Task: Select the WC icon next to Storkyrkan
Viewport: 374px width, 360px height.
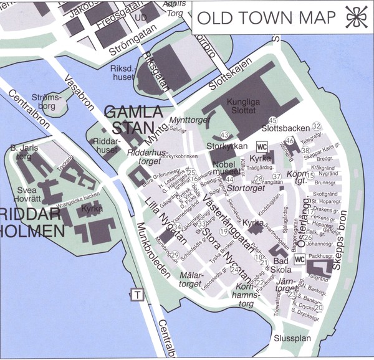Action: pos(262,146)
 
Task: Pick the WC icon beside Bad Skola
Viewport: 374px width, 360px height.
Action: pos(299,259)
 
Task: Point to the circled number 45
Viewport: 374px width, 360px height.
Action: pos(272,120)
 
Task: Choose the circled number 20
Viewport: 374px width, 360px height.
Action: pos(319,307)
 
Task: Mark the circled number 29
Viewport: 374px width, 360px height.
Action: pos(175,254)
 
